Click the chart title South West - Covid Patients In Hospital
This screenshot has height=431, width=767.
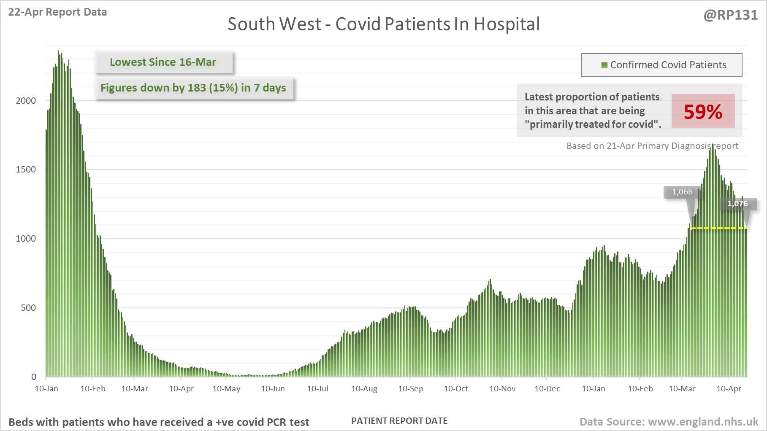pos(383,24)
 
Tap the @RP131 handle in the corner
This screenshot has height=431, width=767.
pos(730,15)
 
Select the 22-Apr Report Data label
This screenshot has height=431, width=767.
pos(57,12)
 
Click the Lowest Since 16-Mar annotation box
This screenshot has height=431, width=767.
pos(163,62)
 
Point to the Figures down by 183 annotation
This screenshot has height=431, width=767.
pos(193,88)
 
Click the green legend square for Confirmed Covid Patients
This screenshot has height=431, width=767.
pos(604,65)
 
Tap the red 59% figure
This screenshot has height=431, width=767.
pos(703,112)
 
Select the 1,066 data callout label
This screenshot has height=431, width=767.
pos(682,192)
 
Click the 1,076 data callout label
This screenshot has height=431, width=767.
pos(737,204)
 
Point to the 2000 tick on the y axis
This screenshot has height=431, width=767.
pos(26,100)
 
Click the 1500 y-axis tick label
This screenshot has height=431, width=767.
pos(26,170)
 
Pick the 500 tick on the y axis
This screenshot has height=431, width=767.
pos(28,308)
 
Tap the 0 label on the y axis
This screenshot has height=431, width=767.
pos(34,377)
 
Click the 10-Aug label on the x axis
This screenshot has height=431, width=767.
pos(364,389)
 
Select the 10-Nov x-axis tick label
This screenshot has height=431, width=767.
pos(502,389)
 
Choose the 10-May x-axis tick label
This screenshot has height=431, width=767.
pos(226,389)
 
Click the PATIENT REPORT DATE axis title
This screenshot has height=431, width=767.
pos(399,421)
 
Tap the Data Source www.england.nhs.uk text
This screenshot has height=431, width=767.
pos(669,422)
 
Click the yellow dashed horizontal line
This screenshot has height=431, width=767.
pos(718,228)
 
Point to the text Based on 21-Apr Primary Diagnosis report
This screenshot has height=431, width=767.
pos(652,146)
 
